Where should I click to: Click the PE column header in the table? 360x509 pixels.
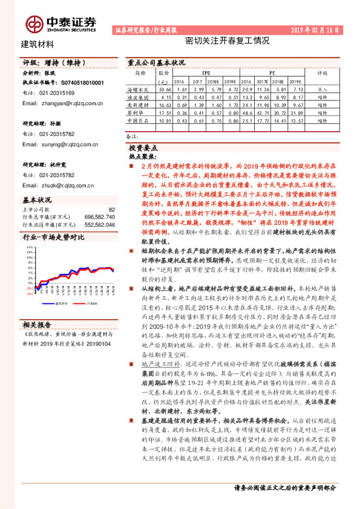[x=272, y=71]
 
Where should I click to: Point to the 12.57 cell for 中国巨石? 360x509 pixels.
[x=294, y=121]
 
